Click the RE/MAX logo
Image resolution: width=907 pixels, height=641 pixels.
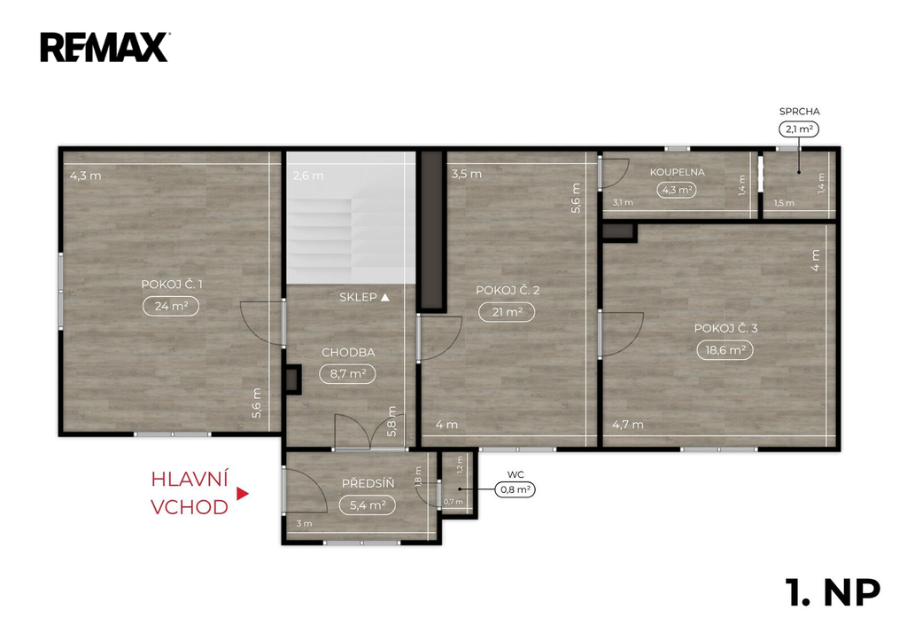point(105,48)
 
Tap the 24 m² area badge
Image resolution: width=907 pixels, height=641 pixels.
point(171,306)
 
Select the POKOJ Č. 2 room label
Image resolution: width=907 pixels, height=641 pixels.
point(508,290)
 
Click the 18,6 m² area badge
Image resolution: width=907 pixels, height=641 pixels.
point(725,349)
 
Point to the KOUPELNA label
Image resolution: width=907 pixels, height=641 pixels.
point(677,172)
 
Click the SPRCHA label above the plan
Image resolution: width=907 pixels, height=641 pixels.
point(800,111)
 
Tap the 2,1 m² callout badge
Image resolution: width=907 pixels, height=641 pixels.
point(799,129)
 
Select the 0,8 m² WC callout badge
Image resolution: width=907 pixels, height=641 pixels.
point(515,490)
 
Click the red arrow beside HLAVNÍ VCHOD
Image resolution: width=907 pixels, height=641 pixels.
point(243,494)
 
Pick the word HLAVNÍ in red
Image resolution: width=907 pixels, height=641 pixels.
point(190,479)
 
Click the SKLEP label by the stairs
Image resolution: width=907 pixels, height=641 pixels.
point(358,297)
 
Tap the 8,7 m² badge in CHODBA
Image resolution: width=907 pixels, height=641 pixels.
point(347,373)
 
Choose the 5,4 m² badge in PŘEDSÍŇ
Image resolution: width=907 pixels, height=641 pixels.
point(368,505)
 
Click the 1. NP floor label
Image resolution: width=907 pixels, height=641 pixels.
point(833,592)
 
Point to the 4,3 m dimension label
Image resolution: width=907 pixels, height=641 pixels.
point(86,176)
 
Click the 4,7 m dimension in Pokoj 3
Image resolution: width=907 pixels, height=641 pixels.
point(628,425)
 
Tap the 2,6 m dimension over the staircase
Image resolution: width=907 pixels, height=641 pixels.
point(307,176)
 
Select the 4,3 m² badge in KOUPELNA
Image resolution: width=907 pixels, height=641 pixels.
point(676,190)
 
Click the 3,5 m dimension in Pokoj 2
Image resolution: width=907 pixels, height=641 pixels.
point(466,174)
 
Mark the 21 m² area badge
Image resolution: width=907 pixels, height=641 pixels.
point(507,312)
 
